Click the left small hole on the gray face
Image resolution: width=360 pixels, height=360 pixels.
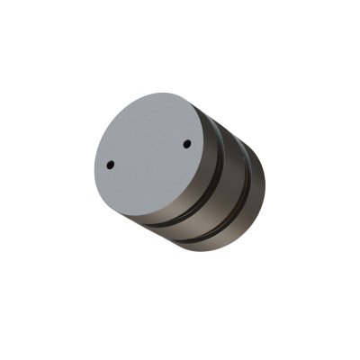[110, 165]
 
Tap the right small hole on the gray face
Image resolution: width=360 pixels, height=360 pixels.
[186, 142]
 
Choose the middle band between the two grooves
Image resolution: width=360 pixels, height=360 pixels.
[233, 180]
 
